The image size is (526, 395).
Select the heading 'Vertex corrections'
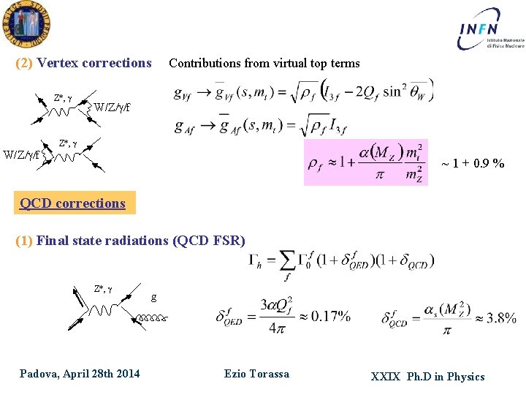(x=94, y=63)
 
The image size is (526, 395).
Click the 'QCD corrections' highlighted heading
(x=73, y=203)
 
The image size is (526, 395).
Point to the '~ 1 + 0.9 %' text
(x=473, y=163)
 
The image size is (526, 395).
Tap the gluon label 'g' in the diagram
(x=153, y=297)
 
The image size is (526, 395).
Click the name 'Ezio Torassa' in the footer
(x=256, y=374)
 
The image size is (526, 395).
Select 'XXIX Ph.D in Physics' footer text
(x=427, y=377)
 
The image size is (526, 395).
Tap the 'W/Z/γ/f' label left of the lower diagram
(x=22, y=154)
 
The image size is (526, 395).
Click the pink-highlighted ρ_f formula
(x=365, y=162)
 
